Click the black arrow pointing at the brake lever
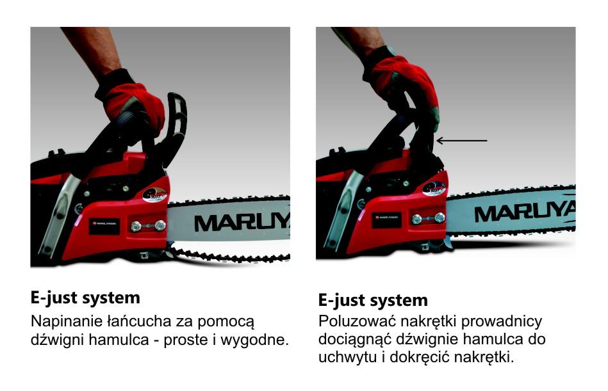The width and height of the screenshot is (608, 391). tap(461, 140)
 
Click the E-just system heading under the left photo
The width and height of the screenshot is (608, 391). tap(85, 298)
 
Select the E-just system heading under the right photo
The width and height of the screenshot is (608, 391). tap(373, 300)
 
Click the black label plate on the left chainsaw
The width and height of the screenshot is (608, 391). tap(104, 225)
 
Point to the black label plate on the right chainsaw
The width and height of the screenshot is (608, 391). tap(386, 218)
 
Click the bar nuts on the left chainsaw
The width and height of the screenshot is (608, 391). tap(147, 225)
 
